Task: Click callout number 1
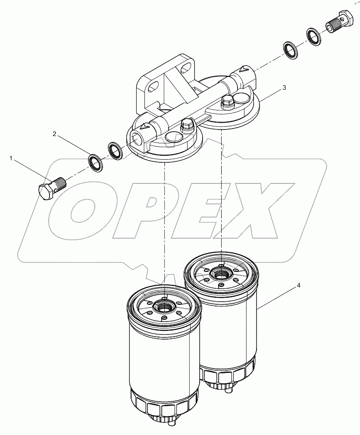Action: tap(11, 158)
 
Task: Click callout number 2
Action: tap(55, 134)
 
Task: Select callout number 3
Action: tap(284, 88)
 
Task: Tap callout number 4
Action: tap(298, 286)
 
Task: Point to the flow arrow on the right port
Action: tap(244, 68)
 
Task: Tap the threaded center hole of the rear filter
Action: tap(221, 274)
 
